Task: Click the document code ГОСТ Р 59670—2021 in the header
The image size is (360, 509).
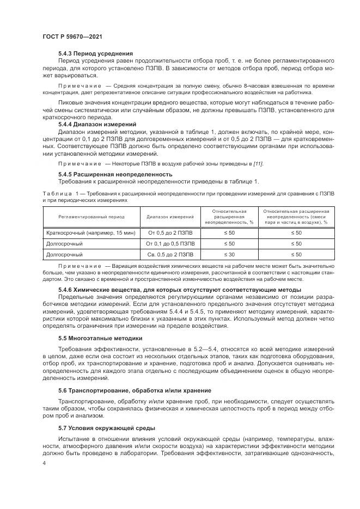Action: point(72,36)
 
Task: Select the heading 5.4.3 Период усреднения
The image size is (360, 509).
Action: point(95,53)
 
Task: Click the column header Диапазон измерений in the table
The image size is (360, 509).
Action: point(170,216)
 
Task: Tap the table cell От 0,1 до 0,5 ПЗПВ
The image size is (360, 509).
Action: point(170,243)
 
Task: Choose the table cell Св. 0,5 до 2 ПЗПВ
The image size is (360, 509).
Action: point(170,254)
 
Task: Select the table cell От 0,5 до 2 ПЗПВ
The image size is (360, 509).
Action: point(170,232)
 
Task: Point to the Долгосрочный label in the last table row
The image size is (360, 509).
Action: point(65,254)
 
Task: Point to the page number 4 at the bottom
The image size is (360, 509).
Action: point(44,464)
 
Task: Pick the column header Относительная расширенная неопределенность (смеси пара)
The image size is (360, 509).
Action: point(296,216)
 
